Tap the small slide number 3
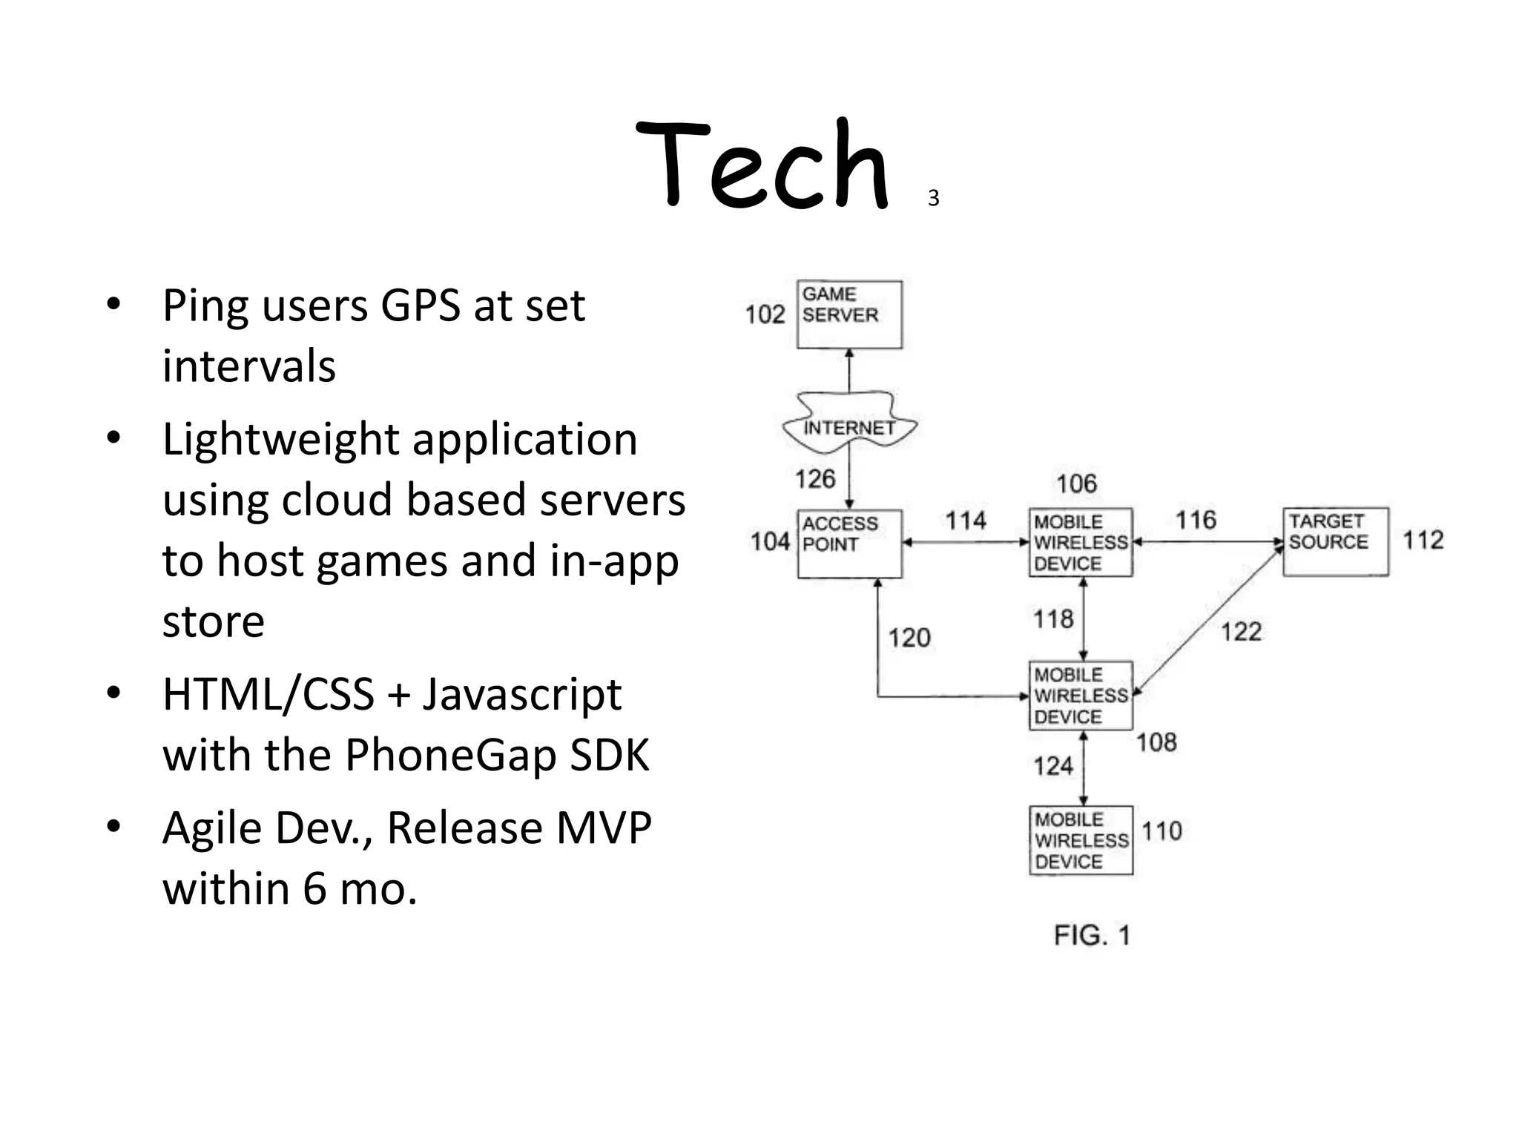[933, 199]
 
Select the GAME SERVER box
[849, 314]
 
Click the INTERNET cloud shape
[849, 426]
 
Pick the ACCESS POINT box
[849, 544]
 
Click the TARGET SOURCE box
[1335, 541]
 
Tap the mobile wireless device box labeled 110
[1081, 840]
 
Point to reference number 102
[765, 314]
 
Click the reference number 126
[815, 479]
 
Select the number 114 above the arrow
[966, 521]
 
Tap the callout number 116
[1196, 520]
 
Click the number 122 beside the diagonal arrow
[1241, 632]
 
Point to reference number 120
[909, 638]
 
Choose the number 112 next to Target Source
[1423, 540]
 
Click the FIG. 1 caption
[1092, 935]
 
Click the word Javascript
[522, 695]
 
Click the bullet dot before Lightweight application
[113, 439]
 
